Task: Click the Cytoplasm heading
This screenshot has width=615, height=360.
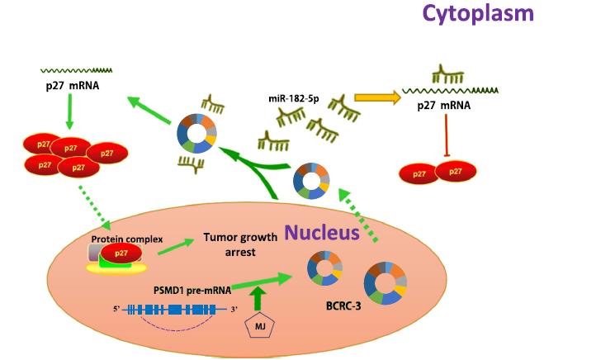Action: pyautogui.click(x=478, y=14)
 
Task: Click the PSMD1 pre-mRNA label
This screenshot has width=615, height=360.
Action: pyautogui.click(x=191, y=291)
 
